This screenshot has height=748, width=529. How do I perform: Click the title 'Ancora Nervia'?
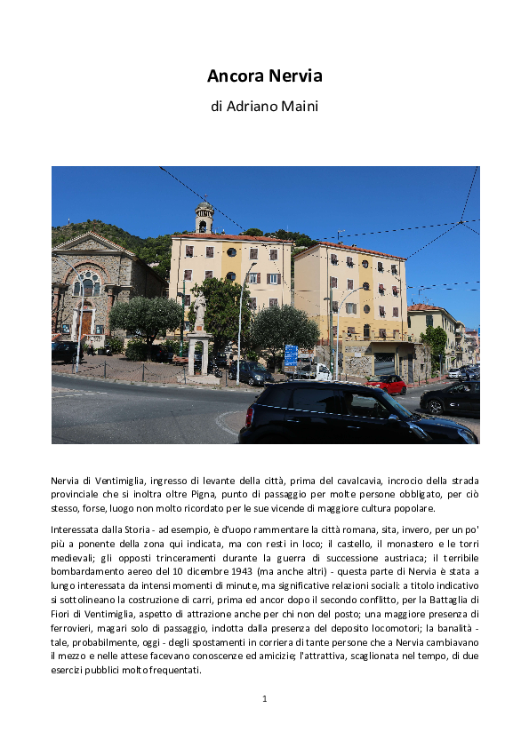pos(264,76)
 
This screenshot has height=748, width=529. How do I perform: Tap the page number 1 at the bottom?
pos(264,698)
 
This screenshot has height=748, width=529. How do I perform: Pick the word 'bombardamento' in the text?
pos(88,570)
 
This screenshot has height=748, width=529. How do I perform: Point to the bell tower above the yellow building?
pos(204,217)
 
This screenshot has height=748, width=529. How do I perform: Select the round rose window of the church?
pos(87,284)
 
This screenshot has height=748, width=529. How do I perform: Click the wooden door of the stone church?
pos(87,322)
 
